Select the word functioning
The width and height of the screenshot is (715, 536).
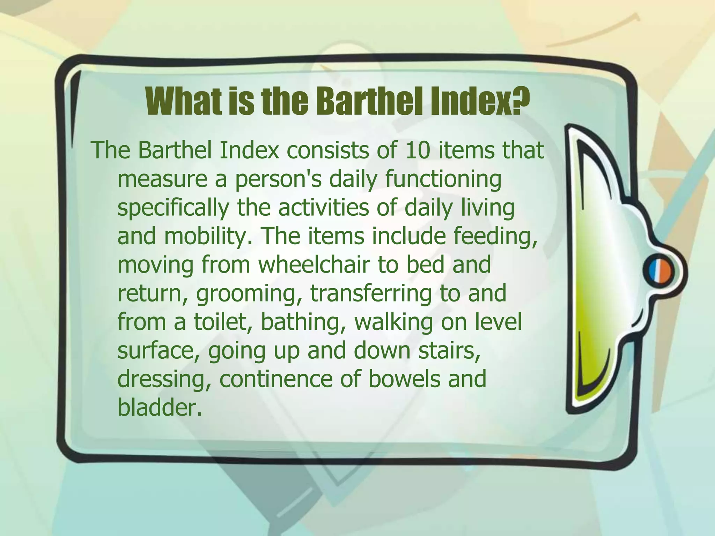(443, 180)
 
